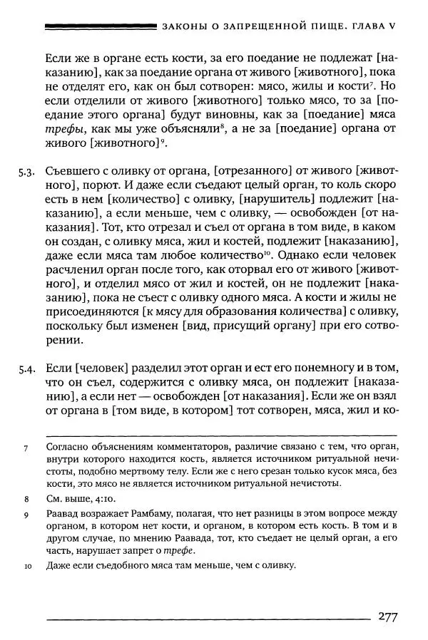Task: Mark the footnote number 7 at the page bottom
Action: [26, 449]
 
